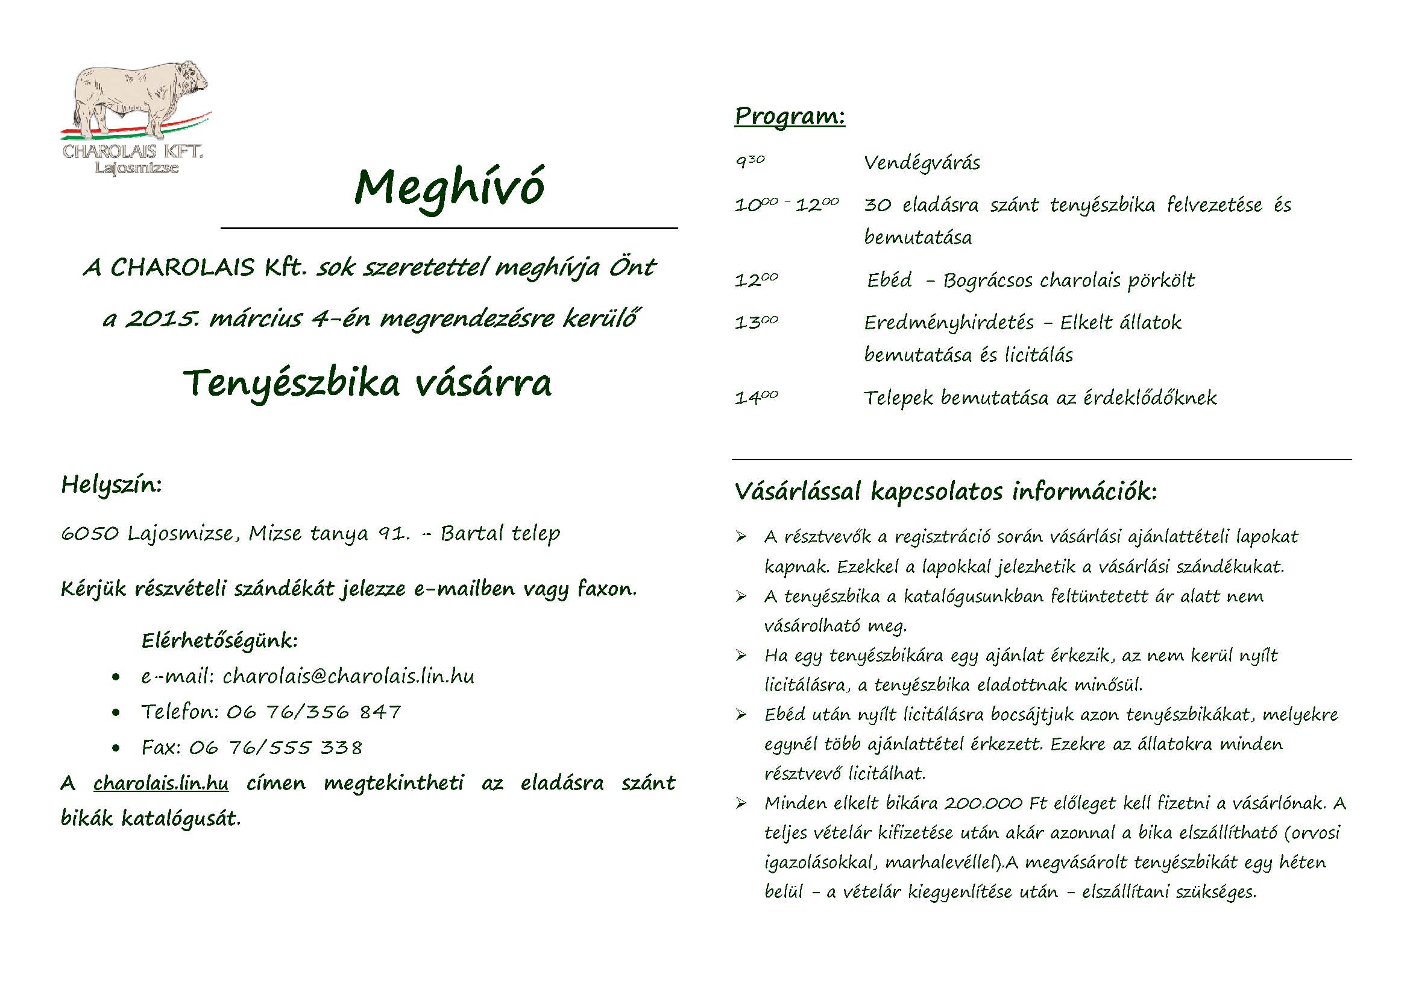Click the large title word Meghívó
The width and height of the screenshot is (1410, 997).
point(449,188)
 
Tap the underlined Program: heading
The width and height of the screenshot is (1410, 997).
point(790,116)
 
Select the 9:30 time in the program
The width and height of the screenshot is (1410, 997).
point(750,162)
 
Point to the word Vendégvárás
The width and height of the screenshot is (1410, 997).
point(922,163)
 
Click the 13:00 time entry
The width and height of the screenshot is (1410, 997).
point(756,323)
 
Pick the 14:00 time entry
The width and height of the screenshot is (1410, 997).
point(756,398)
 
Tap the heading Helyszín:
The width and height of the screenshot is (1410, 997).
point(111,486)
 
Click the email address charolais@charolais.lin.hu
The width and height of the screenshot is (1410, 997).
point(348,676)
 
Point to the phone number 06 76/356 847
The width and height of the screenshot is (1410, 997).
point(313,712)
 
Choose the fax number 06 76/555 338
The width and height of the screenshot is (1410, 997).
point(275,747)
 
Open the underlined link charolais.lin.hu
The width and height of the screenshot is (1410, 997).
point(161,783)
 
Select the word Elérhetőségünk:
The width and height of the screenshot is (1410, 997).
point(219,641)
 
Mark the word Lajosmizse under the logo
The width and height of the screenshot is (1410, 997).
point(136,168)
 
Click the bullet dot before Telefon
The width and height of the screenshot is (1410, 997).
point(116,713)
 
